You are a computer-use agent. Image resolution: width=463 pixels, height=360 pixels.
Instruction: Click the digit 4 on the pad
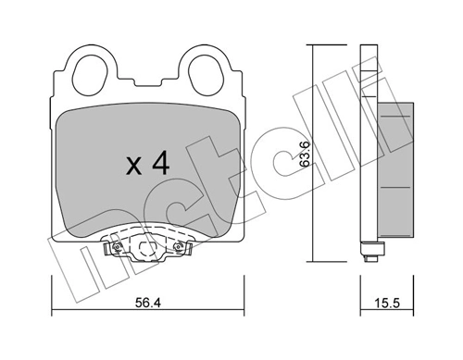coord(160,166)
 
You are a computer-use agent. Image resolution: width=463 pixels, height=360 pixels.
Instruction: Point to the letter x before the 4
coord(133,168)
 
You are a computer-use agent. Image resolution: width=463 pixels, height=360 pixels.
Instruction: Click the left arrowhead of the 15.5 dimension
coord(363,308)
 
